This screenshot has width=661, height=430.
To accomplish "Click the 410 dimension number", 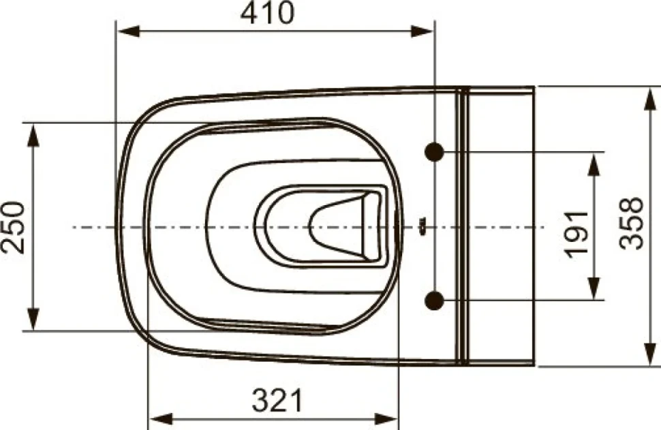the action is point(267,13).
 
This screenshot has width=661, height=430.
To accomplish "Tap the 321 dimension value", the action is point(278,400).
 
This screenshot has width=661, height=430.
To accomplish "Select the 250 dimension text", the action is point(13,227).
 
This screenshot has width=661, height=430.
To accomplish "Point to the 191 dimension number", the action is point(577,233).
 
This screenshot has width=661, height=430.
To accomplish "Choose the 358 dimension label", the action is point(632,223).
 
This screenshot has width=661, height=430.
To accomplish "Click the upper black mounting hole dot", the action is point(434,151).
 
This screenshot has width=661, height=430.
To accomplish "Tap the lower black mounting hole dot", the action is point(434,300).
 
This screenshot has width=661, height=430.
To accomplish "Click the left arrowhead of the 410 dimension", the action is point(128,31).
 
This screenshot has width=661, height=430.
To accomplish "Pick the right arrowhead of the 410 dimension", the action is point(422,31).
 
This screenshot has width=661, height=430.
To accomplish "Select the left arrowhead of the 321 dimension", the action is point(161,419).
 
